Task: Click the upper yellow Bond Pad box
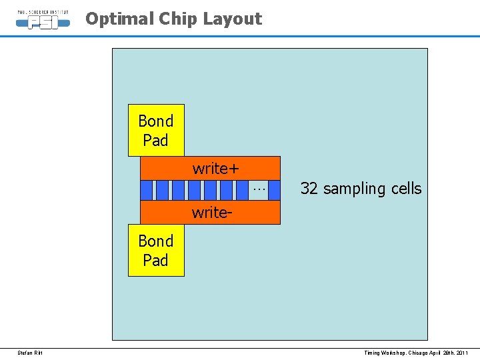156,130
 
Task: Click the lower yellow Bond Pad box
156,250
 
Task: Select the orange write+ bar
210,168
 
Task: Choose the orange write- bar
210,213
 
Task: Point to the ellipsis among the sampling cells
259,190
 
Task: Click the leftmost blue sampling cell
147,190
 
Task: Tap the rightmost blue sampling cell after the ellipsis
273,190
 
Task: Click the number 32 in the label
309,189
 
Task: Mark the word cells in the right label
405,189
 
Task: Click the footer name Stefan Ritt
30,352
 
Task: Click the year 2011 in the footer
463,352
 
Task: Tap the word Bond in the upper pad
156,121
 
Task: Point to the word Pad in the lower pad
156,260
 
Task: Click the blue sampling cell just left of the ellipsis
243,190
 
